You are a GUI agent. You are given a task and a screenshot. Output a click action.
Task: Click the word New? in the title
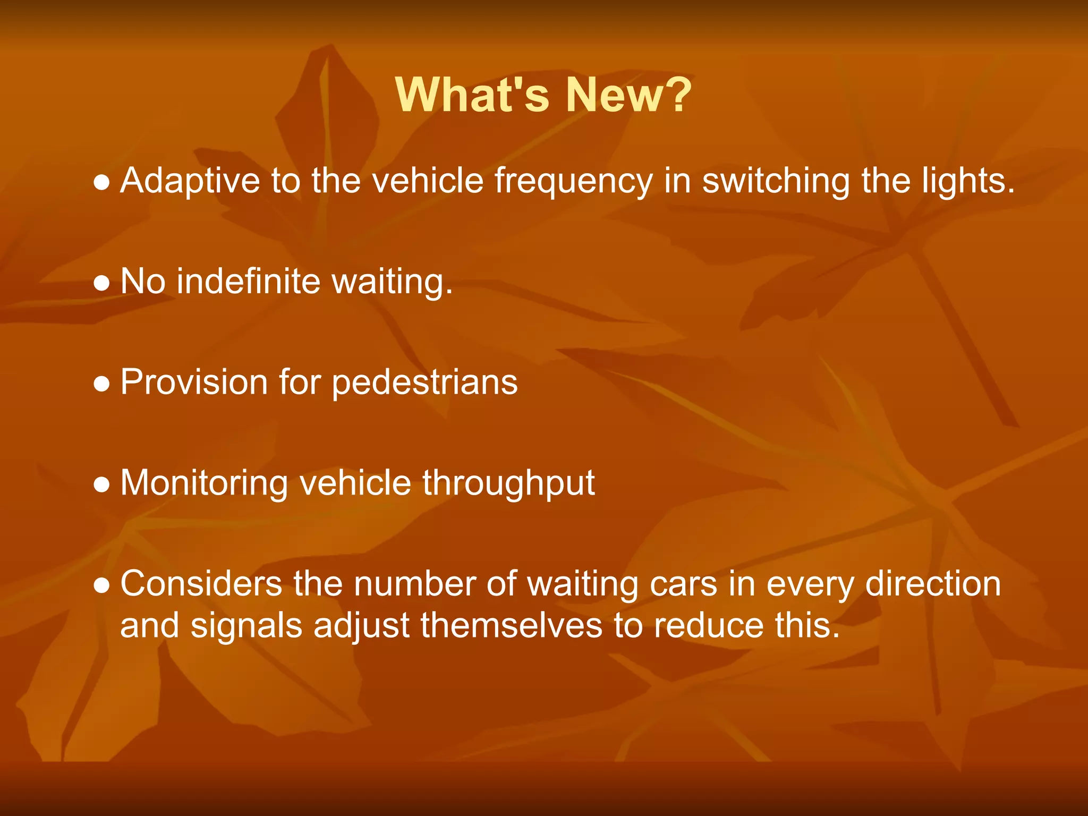click(x=628, y=96)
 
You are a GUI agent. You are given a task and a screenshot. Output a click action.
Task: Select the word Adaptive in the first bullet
click(x=190, y=182)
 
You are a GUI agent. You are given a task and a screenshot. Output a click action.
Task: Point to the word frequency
click(x=573, y=182)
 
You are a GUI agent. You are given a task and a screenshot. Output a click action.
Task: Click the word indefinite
click(x=249, y=281)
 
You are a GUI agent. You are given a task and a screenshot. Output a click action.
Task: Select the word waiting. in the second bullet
click(x=392, y=282)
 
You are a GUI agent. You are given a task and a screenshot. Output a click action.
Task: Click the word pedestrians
click(x=424, y=383)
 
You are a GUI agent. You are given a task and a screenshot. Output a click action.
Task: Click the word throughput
click(x=508, y=484)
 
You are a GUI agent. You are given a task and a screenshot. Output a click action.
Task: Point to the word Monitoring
click(x=204, y=484)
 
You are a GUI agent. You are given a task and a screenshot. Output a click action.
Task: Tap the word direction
click(x=933, y=584)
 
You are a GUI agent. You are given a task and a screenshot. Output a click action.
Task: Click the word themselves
click(x=511, y=625)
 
